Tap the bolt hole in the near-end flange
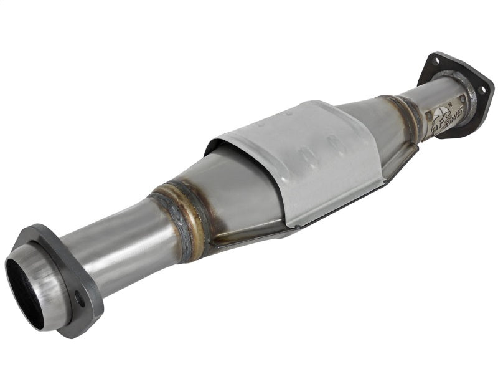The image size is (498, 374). (x=80, y=298)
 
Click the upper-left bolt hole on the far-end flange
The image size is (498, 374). (x=436, y=61)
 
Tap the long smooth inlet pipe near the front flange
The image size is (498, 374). (x=118, y=237)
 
